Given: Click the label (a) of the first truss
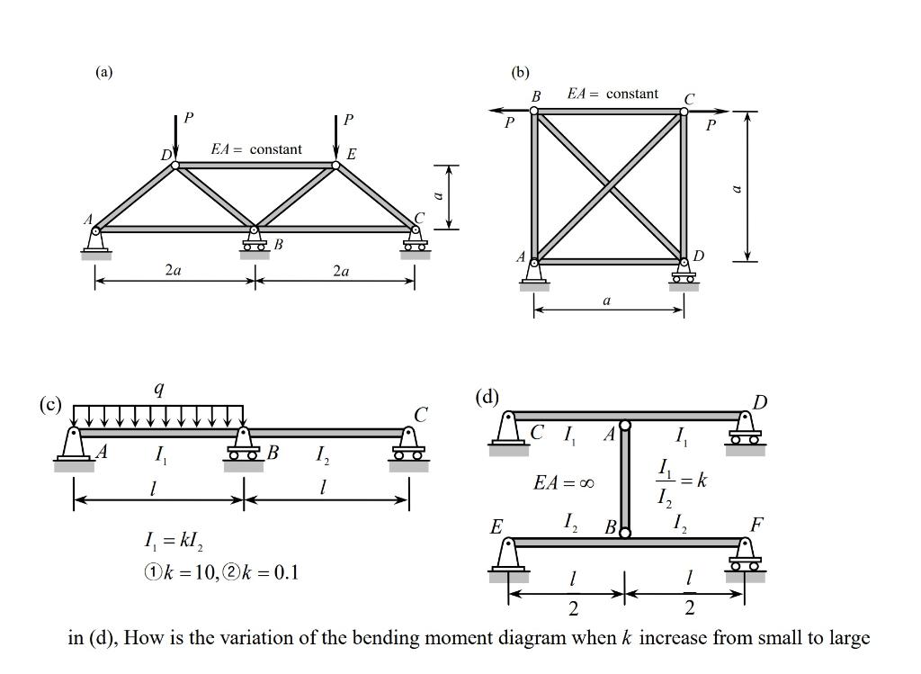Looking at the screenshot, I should point(105,72).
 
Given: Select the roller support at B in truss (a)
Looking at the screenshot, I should point(255,241).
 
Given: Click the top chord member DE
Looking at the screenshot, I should point(255,165).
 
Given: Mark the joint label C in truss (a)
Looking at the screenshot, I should point(418,218).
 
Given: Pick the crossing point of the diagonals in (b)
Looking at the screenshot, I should point(609,186).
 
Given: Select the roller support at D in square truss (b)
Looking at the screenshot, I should point(684,273).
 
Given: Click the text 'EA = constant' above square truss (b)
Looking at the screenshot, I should point(613,94).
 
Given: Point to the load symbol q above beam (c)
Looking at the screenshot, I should point(159,389).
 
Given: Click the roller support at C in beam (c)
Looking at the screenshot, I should point(408,447).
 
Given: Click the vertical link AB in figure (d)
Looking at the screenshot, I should point(624,479).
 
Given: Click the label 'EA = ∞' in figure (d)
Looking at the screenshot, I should point(564,483).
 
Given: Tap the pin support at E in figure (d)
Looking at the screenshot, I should point(509,555).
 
